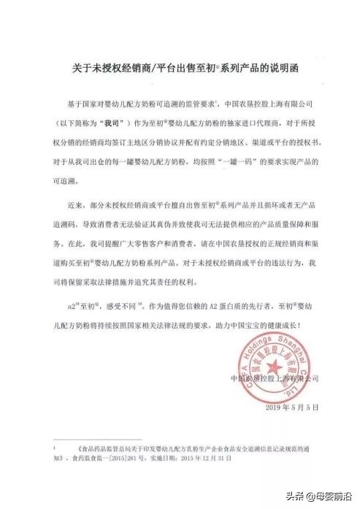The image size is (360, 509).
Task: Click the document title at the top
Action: tap(180, 68)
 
